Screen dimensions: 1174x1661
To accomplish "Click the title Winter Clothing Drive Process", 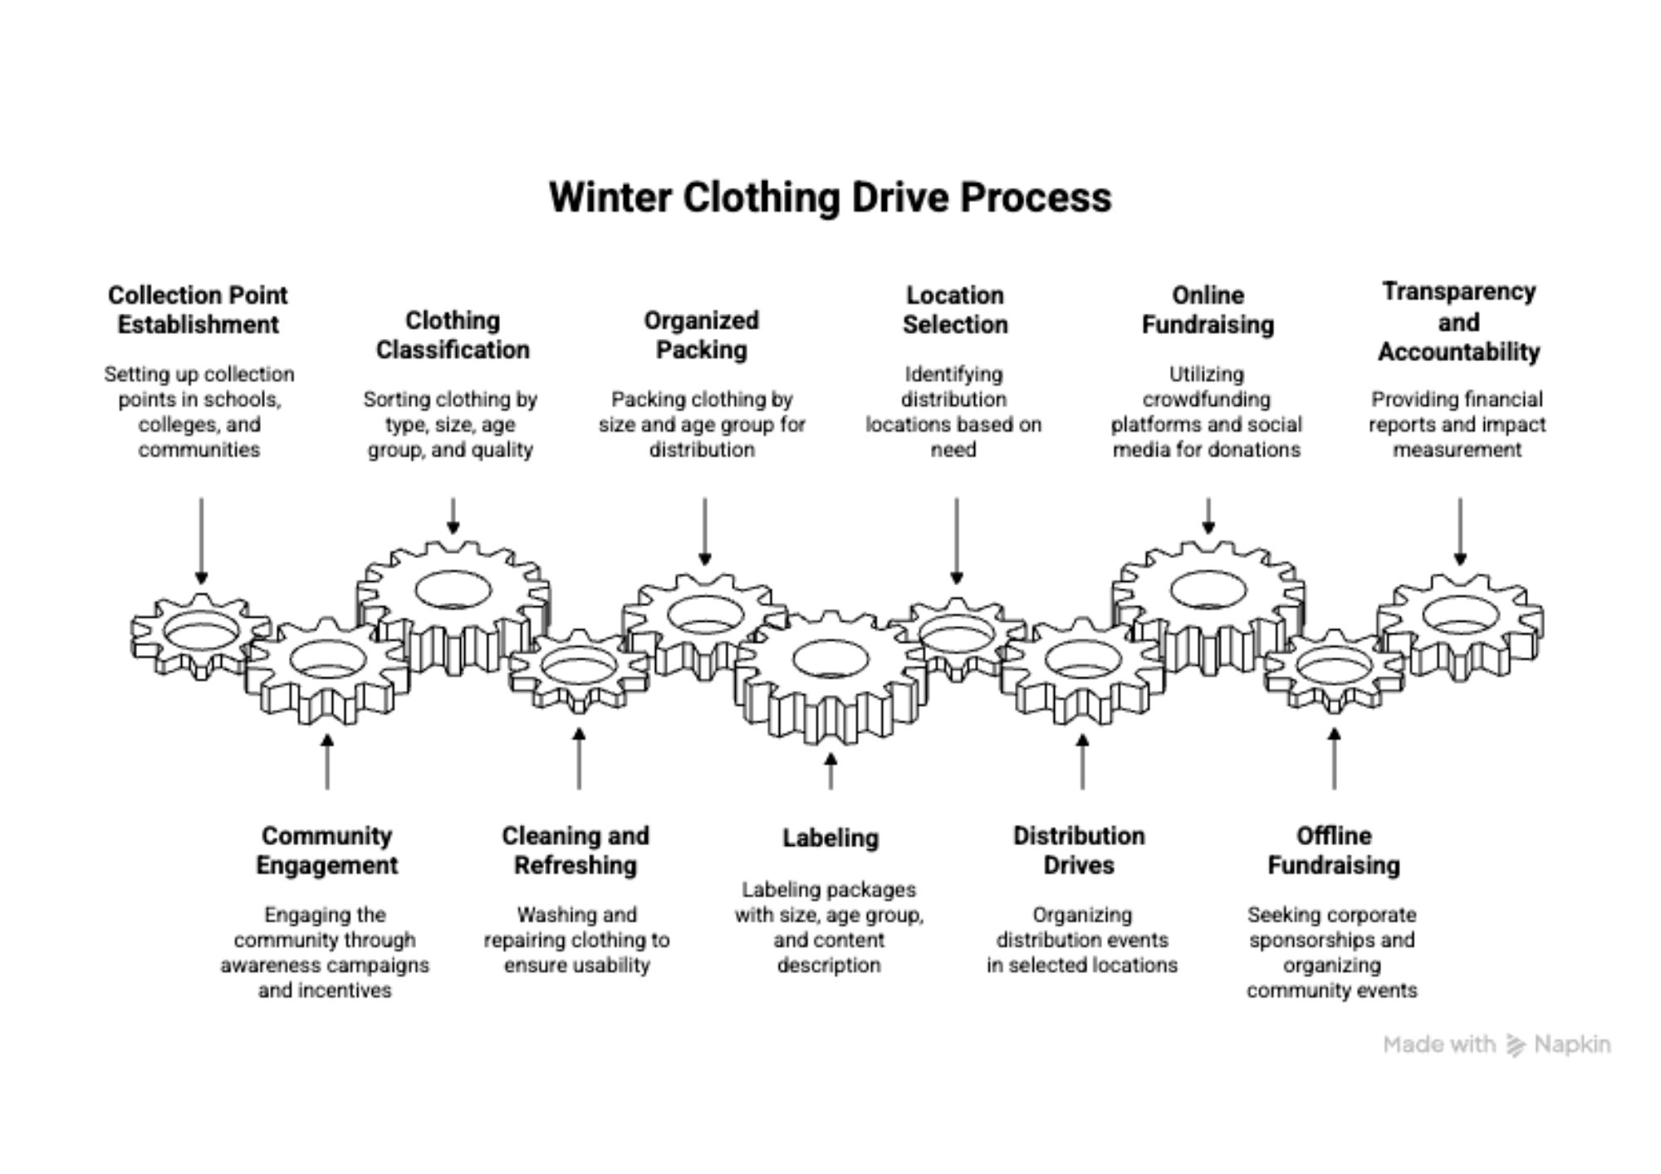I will pos(830,198).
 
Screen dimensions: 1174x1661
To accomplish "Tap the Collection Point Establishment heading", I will pos(198,310).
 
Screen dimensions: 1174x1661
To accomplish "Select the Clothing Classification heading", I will pos(453,335).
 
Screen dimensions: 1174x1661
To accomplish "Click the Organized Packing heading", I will pos(702,335).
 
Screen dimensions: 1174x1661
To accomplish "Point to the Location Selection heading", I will pos(955,310).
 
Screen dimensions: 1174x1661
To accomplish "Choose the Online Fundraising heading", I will pos(1208,310).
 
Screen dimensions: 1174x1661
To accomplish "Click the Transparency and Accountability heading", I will pos(1459,321).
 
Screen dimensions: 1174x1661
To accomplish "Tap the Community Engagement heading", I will pos(326,850).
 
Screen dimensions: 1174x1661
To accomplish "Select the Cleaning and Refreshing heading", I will pos(576,850).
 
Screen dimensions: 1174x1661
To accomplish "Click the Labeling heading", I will pos(830,838).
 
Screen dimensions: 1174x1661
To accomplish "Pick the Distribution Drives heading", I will pos(1079,850).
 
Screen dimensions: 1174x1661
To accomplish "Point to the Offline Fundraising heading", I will pos(1334,850).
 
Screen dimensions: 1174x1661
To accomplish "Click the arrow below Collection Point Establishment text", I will pos(201,540).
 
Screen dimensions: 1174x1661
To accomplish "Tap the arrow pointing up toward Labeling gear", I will pos(830,770).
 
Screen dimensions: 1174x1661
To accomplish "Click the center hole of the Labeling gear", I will pos(830,659).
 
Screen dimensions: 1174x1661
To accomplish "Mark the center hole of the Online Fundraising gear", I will pos(1208,589).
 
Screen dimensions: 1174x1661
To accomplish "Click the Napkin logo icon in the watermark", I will pos(1516,1045).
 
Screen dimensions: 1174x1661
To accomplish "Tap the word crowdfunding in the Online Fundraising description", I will pos(1206,399).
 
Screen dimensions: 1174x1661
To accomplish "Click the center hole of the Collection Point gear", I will pos(201,634).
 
